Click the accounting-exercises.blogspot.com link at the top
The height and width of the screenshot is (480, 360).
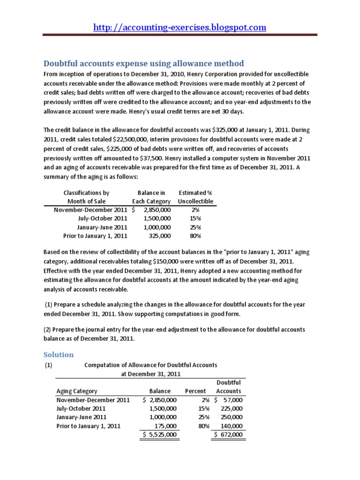tap(180, 27)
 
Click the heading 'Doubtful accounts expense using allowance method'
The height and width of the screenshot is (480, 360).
tap(144, 63)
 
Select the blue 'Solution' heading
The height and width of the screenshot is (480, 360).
tap(59, 354)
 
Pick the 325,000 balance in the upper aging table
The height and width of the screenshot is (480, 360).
tap(160, 235)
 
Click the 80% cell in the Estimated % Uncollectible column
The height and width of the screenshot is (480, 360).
tap(195, 235)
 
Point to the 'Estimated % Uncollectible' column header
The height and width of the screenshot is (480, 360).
tap(195, 197)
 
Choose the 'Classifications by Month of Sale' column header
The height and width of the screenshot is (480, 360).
tap(86, 197)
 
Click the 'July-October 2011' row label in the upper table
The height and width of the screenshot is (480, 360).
tap(103, 218)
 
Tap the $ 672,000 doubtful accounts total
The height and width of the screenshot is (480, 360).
tap(229, 435)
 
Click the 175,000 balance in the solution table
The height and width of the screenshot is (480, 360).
tap(165, 426)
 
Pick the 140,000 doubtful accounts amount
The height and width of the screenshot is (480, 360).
tap(231, 426)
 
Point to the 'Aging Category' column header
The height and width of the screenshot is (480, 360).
tap(77, 391)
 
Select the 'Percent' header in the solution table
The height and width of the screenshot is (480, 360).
tap(195, 391)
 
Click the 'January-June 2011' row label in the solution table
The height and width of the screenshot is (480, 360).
tap(82, 417)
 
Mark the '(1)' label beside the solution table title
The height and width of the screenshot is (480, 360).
tap(48, 365)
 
